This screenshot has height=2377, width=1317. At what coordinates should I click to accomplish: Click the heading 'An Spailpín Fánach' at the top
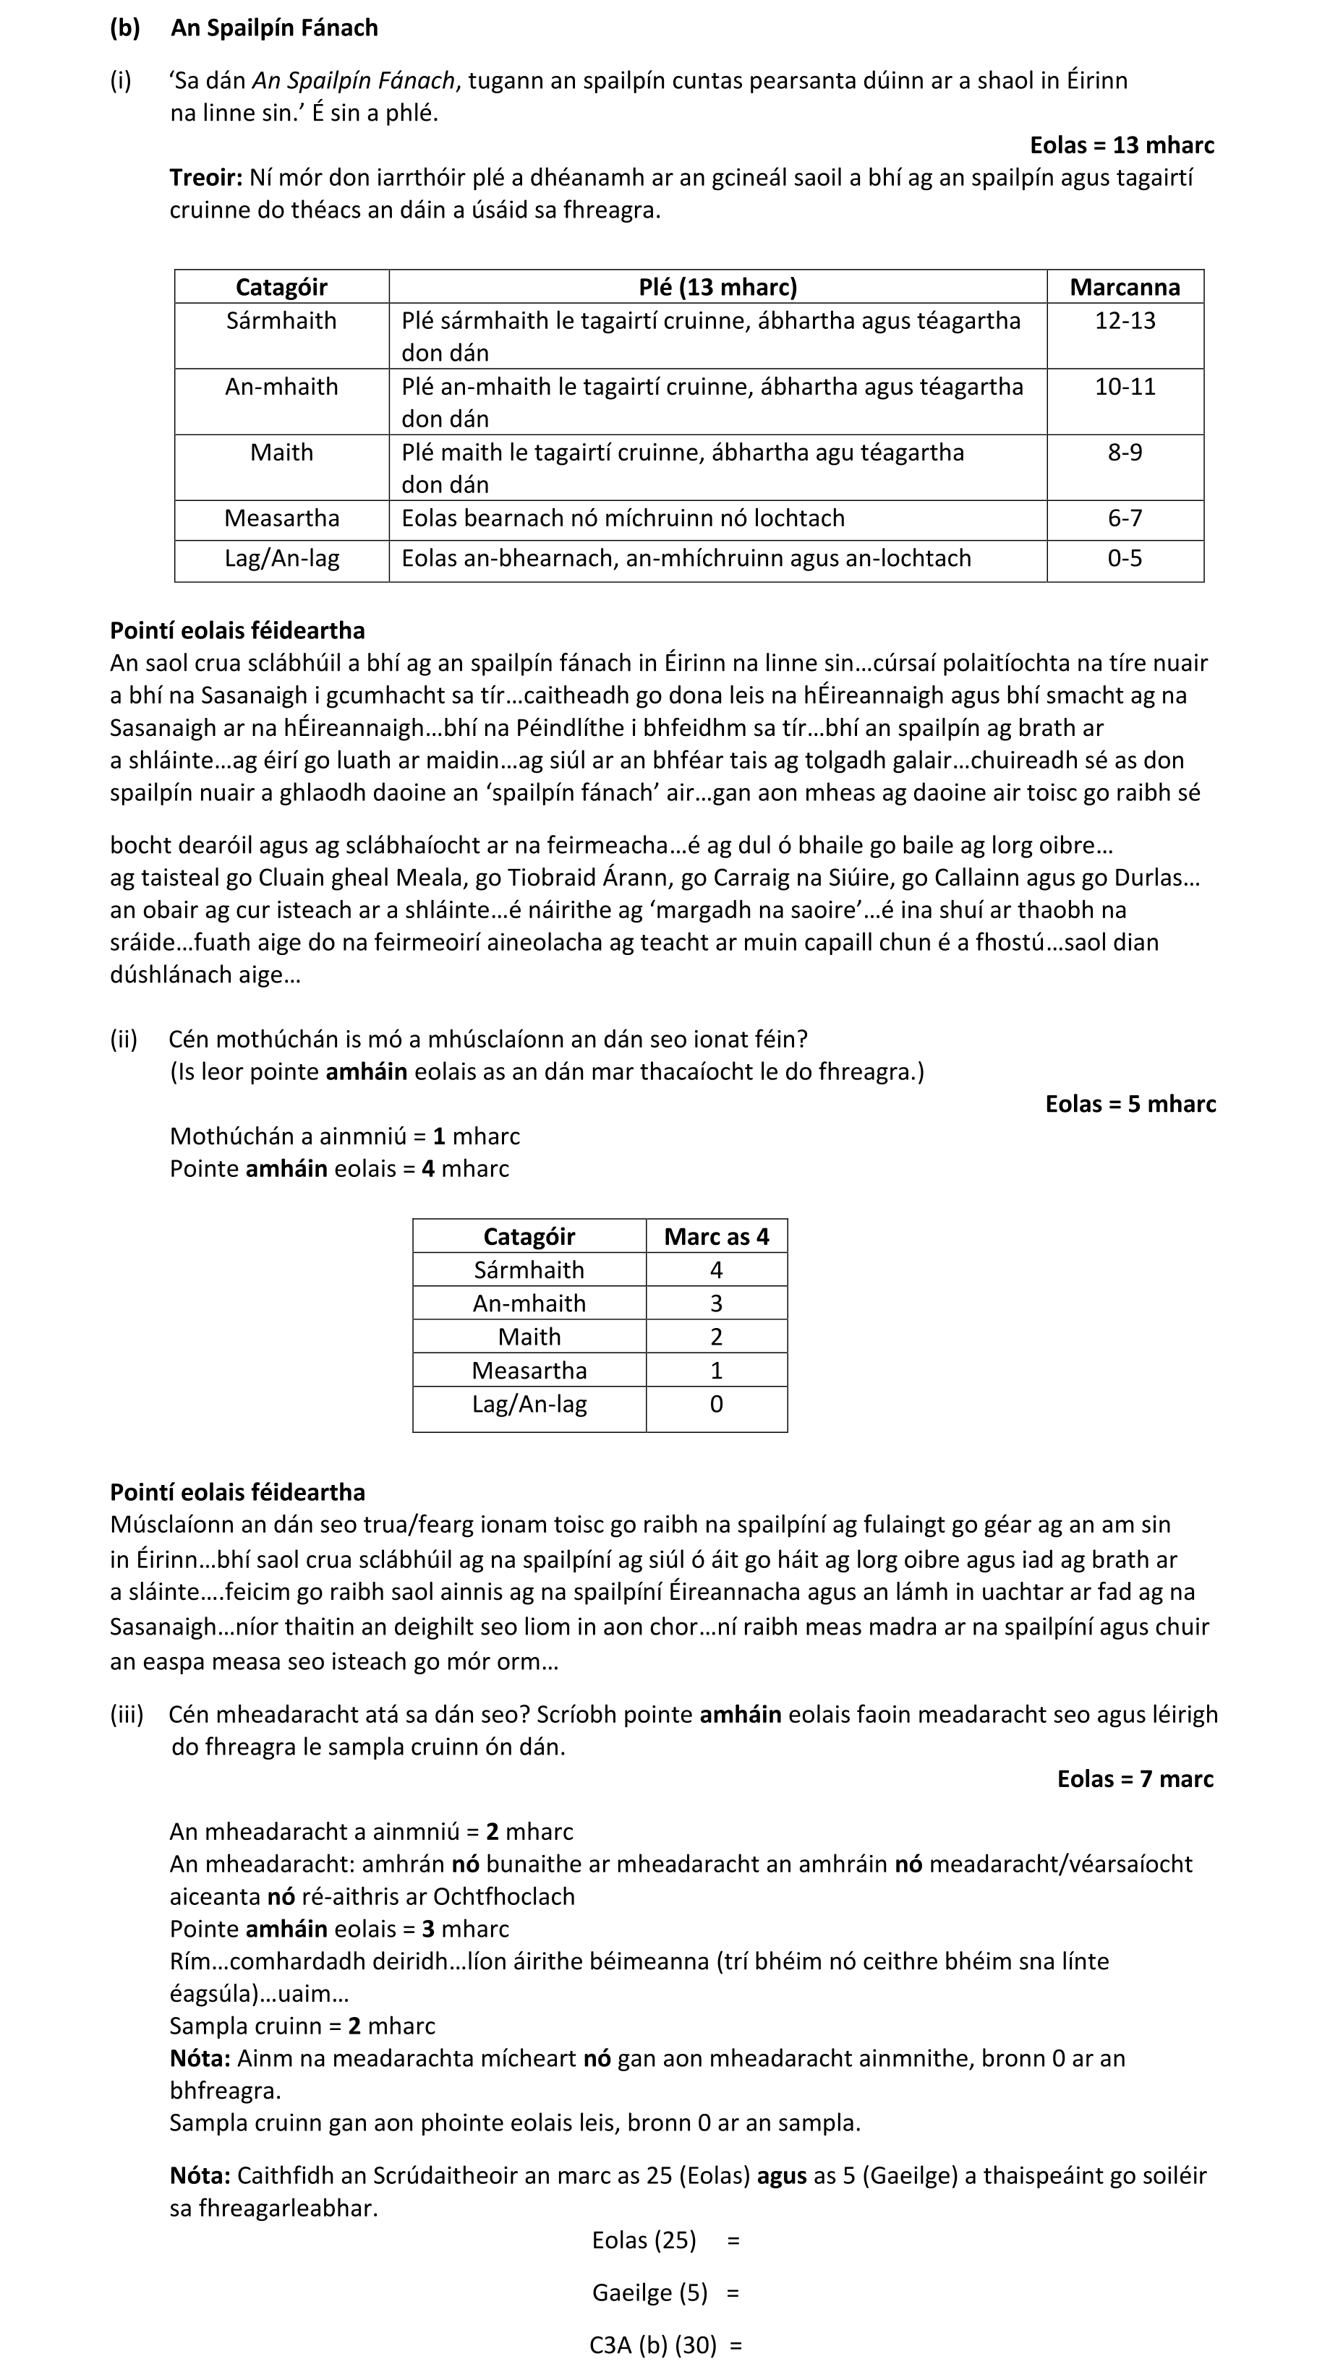(274, 27)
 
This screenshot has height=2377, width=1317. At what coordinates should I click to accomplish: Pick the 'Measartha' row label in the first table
(281, 518)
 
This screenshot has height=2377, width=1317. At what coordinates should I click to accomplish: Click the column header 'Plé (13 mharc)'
(717, 287)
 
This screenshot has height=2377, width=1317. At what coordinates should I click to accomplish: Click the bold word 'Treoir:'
(206, 177)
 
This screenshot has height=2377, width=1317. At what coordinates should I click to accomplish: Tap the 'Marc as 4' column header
(716, 1236)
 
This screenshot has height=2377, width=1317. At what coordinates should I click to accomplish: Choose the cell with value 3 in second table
(716, 1304)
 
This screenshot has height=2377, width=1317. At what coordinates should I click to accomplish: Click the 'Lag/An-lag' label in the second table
(529, 1405)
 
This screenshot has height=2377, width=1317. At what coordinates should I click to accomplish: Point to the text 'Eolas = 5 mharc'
(1130, 1105)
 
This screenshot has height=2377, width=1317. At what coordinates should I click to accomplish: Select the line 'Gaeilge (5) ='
(665, 2293)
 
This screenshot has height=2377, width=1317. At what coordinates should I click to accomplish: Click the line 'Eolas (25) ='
(665, 2240)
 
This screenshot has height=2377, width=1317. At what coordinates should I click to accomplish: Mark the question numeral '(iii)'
(127, 1715)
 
